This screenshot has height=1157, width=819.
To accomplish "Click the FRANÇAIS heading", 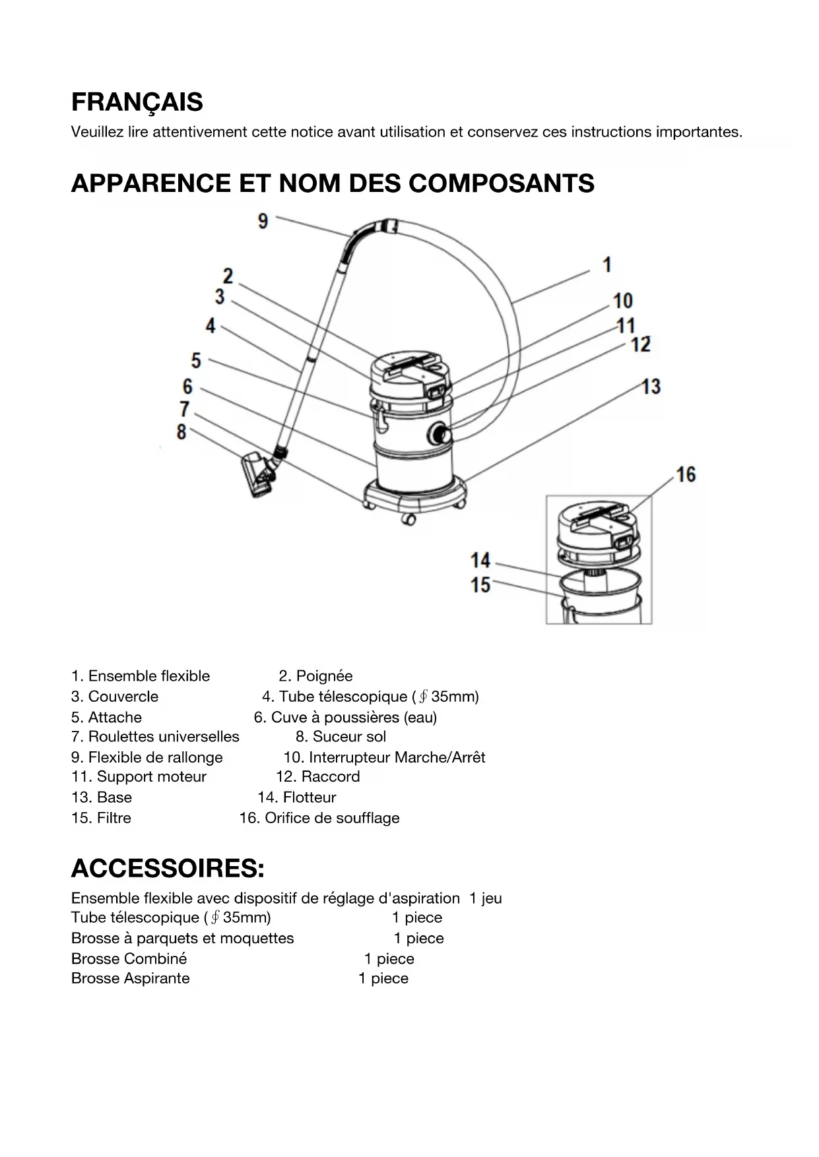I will tap(137, 102).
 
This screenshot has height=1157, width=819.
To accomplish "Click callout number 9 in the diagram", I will tap(263, 221).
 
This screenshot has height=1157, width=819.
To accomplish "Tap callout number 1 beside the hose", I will tap(607, 265).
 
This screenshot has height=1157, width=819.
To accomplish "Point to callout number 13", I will tap(651, 386).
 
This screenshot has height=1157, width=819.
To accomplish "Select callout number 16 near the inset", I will tap(686, 474).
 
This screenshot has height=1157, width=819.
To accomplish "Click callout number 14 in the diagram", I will tap(480, 561).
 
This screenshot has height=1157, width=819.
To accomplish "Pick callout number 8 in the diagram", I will tap(181, 432).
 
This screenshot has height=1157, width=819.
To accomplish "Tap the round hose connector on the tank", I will tap(440, 435).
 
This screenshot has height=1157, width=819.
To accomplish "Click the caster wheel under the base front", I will tap(409, 519).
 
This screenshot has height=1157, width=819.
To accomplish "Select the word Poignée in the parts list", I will tap(324, 676).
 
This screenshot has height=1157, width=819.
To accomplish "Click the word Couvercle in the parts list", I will tap(123, 697).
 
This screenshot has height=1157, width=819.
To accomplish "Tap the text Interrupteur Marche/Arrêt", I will tap(397, 757).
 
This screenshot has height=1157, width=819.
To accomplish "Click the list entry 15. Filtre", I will tap(102, 818).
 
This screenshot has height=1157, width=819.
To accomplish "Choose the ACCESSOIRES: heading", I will tap(168, 869).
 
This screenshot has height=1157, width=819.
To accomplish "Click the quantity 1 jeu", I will tap(486, 898).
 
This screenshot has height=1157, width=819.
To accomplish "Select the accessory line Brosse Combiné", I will tap(129, 958).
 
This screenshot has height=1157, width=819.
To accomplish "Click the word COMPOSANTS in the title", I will tap(502, 183).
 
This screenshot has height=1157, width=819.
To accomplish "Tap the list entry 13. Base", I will tap(102, 797).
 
